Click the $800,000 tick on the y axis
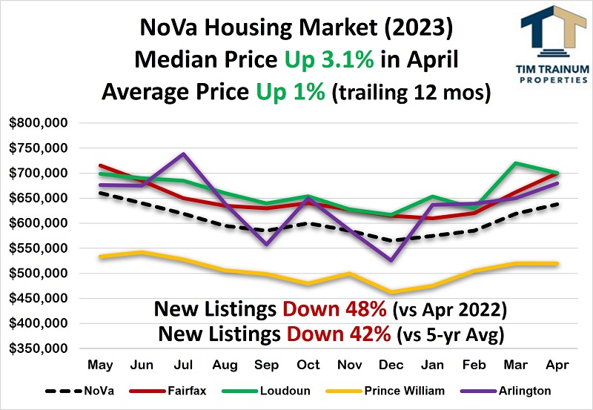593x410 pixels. point(39,123)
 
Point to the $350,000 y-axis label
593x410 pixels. point(39,348)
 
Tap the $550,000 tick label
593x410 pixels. point(39,248)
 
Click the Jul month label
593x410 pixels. point(183,366)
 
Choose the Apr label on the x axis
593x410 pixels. point(557,366)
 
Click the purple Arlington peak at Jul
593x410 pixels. point(183,154)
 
